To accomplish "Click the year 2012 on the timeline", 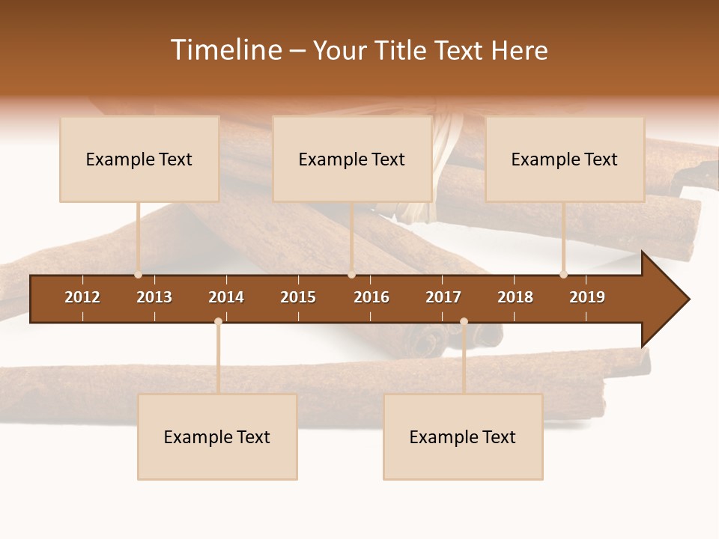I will pyautogui.click(x=82, y=297).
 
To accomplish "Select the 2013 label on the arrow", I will pyautogui.click(x=154, y=297).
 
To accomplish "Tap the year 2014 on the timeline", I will pyautogui.click(x=226, y=297).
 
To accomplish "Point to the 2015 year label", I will pyautogui.click(x=298, y=297).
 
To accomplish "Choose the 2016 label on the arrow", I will pyautogui.click(x=371, y=297).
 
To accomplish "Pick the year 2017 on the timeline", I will pyautogui.click(x=443, y=297).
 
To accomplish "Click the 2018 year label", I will pyautogui.click(x=515, y=297).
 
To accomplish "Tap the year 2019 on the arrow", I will pyautogui.click(x=587, y=297).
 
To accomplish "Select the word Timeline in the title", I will pyautogui.click(x=225, y=50).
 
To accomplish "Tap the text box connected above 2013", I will pyautogui.click(x=139, y=159).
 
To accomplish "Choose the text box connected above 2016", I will pyautogui.click(x=352, y=159).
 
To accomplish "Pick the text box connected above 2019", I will pyautogui.click(x=565, y=159).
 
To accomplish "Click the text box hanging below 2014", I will pyautogui.click(x=217, y=436).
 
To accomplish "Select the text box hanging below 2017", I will pyautogui.click(x=463, y=436).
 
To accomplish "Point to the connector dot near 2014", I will pyautogui.click(x=218, y=322).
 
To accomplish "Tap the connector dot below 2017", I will pyautogui.click(x=464, y=322).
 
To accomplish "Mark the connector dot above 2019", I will pyautogui.click(x=563, y=275).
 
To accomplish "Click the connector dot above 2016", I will pyautogui.click(x=351, y=275).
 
